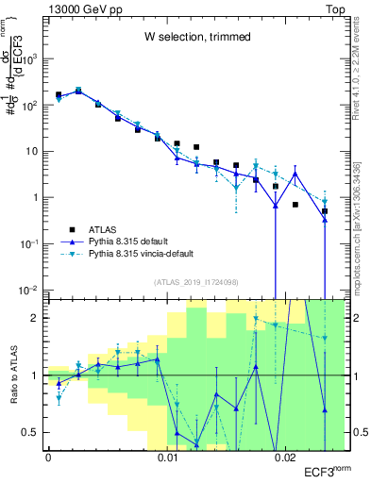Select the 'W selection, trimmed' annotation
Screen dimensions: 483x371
point(197,37)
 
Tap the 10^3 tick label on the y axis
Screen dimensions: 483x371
point(32,58)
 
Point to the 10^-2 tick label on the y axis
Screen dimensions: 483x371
point(31,290)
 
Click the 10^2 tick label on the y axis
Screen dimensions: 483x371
point(32,105)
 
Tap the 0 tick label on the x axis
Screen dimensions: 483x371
point(48,458)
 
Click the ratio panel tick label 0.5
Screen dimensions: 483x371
point(33,432)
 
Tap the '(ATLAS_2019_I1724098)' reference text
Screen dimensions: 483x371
point(197,281)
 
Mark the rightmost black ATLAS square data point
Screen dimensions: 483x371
point(325,211)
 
